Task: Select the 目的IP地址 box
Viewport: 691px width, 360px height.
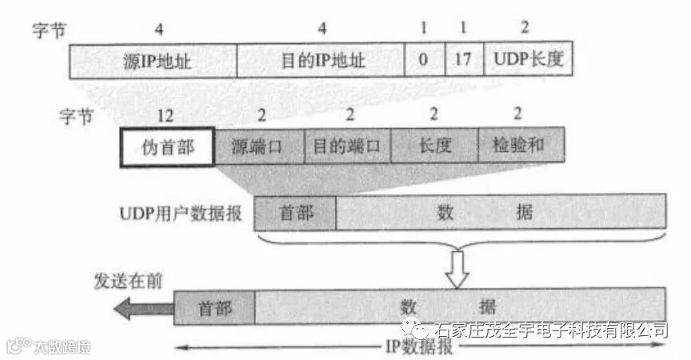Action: [x=321, y=60]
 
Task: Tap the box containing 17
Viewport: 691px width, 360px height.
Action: [x=464, y=60]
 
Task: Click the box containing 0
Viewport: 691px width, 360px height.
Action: [x=424, y=60]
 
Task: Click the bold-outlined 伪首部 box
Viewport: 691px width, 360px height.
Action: [x=167, y=146]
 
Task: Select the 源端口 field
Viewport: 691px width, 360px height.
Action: [x=259, y=146]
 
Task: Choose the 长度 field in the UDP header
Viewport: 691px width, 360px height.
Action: [x=435, y=146]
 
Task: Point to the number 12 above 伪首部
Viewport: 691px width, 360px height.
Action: [x=166, y=117]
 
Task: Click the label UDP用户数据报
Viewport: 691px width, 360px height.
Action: [x=184, y=214]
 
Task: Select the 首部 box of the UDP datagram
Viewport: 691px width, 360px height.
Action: [x=295, y=213]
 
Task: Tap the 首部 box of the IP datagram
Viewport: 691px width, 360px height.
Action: [x=214, y=306]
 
